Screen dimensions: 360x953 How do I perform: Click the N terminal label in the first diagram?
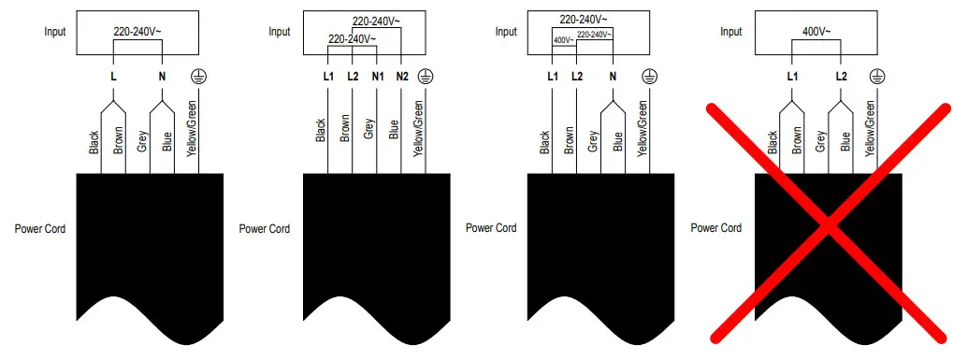tap(162, 76)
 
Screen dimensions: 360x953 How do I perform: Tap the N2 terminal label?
tap(401, 76)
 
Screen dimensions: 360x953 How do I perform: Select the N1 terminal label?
tap(377, 76)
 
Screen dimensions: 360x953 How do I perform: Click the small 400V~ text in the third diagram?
tap(563, 39)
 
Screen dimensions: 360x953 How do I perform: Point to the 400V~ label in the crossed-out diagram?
tap(816, 32)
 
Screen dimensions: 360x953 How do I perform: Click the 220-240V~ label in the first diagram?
tap(137, 32)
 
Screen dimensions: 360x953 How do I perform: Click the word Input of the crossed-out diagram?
tap(730, 32)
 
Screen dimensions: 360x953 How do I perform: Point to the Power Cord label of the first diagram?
tap(40, 228)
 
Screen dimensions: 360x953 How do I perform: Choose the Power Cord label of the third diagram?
tap(491, 228)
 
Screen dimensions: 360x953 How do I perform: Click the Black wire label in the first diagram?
tap(94, 142)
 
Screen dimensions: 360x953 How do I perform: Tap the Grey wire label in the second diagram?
tap(369, 129)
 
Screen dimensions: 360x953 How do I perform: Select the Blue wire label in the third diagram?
tap(618, 140)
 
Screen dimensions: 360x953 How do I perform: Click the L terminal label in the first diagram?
tap(113, 76)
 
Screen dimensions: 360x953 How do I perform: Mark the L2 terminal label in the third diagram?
tap(577, 76)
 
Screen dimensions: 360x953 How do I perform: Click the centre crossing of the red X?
tap(825, 221)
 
